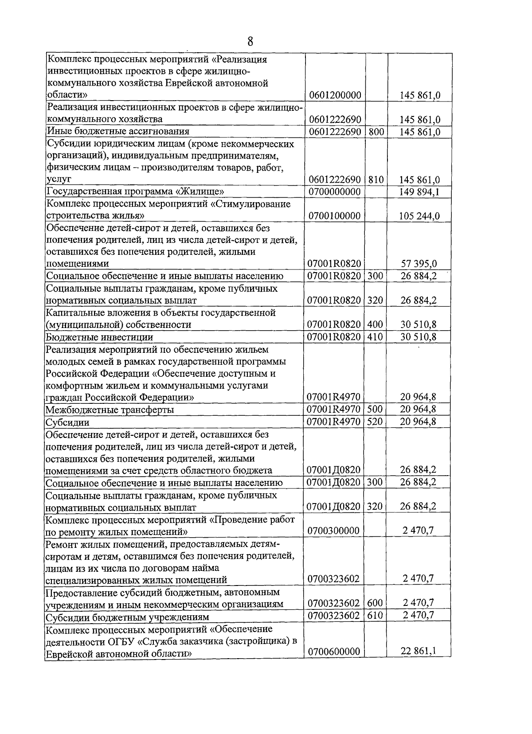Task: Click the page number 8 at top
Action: point(250,42)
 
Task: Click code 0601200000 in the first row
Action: point(334,95)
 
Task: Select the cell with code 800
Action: point(376,132)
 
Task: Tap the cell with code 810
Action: point(376,180)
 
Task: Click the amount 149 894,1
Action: point(419,192)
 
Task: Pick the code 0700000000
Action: point(334,192)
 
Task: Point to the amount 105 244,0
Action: point(419,216)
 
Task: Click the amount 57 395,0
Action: point(419,264)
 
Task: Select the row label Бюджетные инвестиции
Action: point(100,337)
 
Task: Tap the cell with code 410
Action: point(375,337)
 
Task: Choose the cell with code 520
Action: point(375,422)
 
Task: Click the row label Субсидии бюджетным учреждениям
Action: point(127,617)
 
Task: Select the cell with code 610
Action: point(375,615)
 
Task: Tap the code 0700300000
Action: point(334,531)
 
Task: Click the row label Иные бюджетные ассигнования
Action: point(118,132)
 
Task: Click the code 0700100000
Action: point(334,216)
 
